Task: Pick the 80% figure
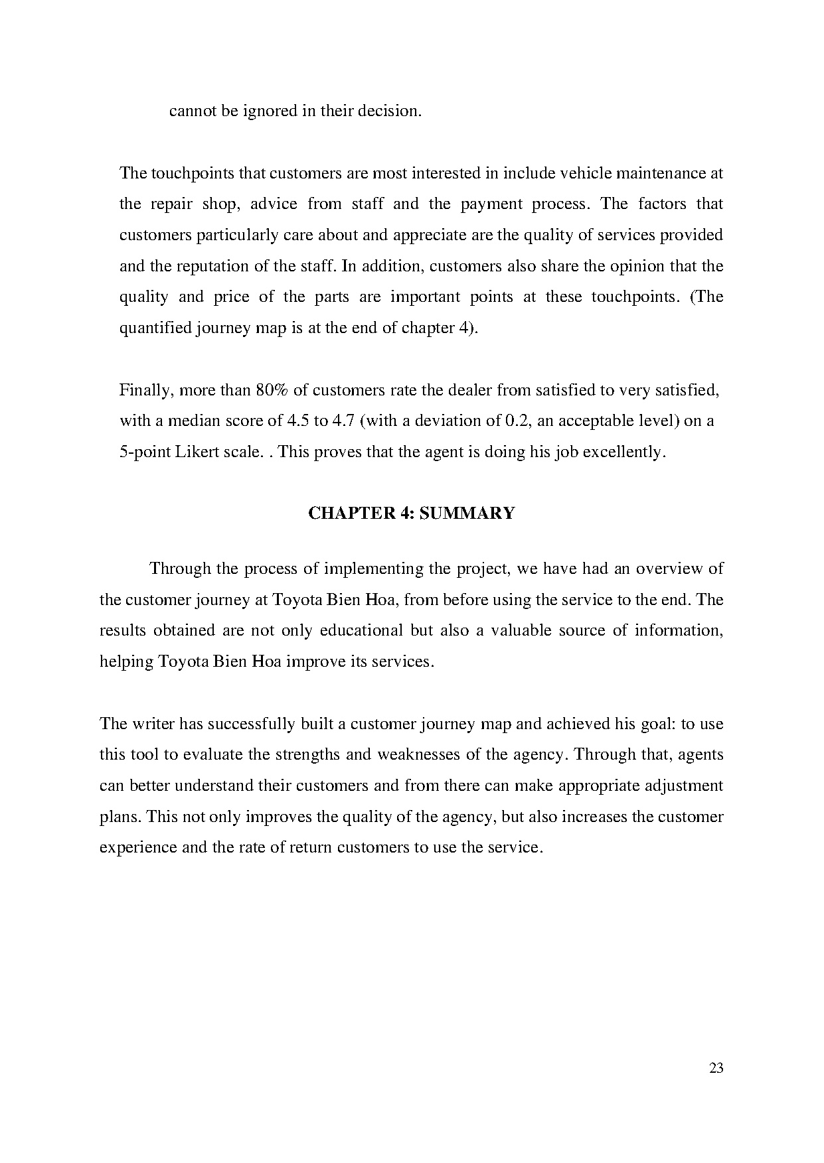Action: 271,389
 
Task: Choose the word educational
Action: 361,630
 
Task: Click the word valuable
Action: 521,630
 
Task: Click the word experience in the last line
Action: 137,847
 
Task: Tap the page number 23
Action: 716,1068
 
